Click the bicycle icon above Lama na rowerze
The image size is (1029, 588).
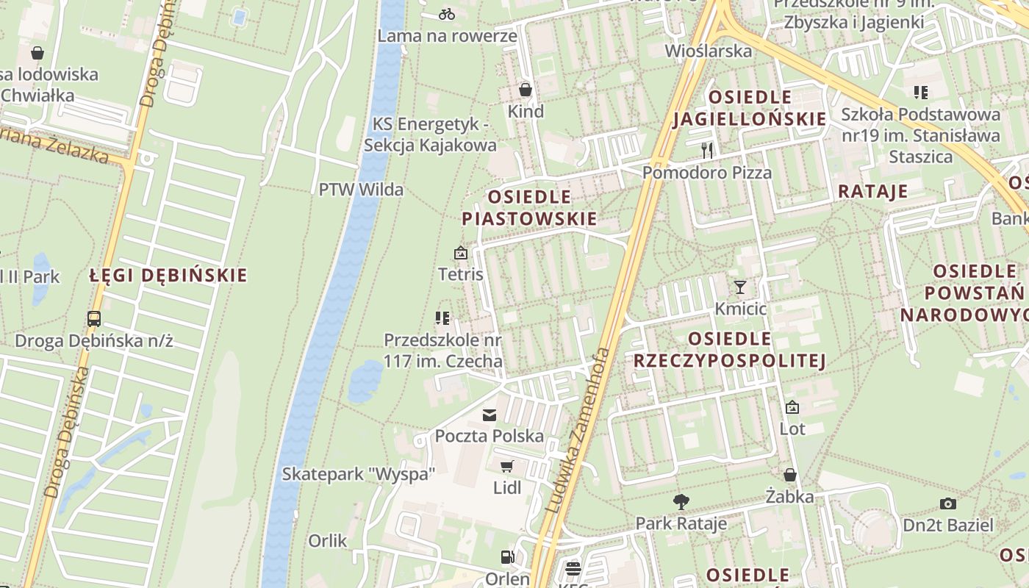coord(446,13)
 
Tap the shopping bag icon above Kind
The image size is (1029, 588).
coord(526,90)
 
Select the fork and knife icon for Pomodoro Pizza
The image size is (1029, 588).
coord(707,151)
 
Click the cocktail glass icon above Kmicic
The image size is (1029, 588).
coord(740,287)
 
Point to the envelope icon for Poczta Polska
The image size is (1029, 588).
coord(490,415)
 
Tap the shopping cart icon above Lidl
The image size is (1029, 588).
coord(506,466)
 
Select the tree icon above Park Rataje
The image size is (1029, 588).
coord(681,502)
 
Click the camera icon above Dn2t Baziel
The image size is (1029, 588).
coord(948,503)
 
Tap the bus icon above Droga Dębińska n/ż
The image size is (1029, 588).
coord(94,319)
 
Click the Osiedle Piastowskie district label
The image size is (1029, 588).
coord(529,208)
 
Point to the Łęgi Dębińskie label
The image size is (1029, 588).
coord(168,276)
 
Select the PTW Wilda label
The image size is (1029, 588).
coord(361,190)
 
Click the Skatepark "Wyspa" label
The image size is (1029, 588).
coord(359,474)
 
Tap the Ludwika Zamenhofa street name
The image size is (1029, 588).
coord(579,430)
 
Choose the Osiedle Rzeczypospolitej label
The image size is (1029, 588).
coord(730,350)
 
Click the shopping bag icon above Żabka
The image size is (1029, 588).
coord(790,475)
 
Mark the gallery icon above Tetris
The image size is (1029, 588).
coord(461,254)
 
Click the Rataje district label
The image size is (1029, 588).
coord(873,192)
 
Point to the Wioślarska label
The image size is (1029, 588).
coord(709,51)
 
